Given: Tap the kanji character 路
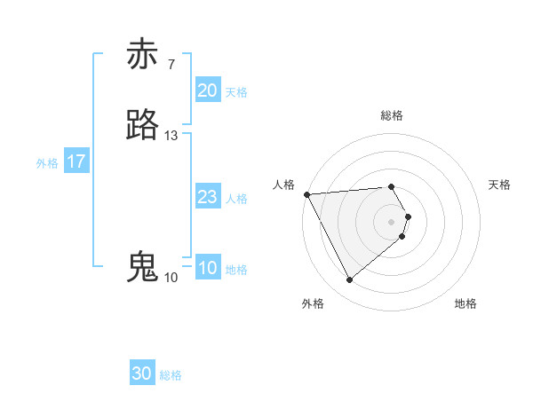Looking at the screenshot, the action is (143, 126).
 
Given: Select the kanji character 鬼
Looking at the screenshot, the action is (143, 267).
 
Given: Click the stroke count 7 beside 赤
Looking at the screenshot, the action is (171, 64).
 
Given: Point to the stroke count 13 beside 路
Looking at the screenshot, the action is (171, 136).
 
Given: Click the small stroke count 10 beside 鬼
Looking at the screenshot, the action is (171, 278).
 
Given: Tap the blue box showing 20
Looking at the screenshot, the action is (207, 90).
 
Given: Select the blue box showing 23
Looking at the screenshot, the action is (207, 197).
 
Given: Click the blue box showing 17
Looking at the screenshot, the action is (76, 161).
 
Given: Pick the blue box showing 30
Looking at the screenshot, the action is (142, 374).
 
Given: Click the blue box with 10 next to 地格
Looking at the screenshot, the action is (207, 268).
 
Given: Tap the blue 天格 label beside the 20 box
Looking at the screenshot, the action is (236, 92).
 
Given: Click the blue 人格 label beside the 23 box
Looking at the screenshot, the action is (236, 199).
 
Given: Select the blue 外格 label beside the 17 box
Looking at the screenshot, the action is (47, 163).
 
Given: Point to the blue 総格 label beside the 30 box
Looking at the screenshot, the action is (171, 375).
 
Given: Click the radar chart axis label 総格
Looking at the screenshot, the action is (392, 115).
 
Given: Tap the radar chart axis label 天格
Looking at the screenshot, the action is (499, 185).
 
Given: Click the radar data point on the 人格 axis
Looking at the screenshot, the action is (306, 194).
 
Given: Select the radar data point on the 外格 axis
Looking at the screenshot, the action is (349, 280).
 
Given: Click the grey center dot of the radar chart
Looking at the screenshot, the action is (392, 221).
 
